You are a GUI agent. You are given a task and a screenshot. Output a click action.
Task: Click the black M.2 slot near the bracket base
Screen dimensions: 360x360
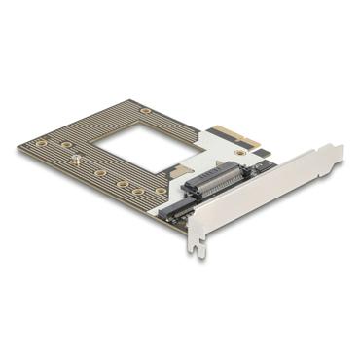[175, 210]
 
